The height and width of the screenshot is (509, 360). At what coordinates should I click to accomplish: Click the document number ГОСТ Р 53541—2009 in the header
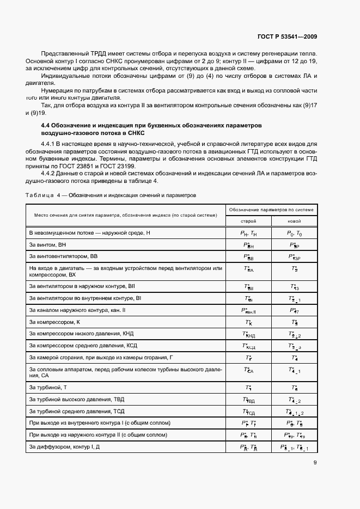click(x=286, y=37)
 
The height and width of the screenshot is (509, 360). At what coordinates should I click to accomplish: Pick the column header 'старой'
click(x=248, y=222)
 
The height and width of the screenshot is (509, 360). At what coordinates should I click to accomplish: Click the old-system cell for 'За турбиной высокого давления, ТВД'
click(x=248, y=400)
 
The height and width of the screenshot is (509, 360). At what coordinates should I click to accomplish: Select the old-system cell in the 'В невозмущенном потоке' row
click(x=248, y=233)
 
